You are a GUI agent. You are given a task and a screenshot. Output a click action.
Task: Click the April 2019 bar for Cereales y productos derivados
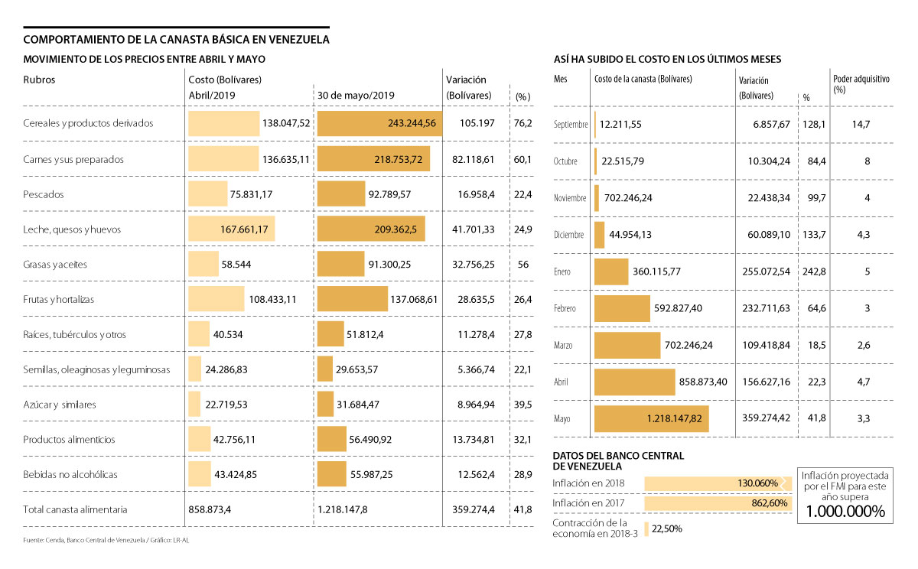[224, 123]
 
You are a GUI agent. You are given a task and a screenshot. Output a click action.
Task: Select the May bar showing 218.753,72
[373, 159]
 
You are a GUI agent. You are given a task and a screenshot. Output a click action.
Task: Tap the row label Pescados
[44, 194]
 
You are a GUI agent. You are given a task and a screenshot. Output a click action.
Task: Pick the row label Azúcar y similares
[60, 405]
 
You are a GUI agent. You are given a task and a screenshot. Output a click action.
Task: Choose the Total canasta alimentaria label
[75, 509]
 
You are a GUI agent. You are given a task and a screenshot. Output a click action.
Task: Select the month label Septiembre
[571, 124]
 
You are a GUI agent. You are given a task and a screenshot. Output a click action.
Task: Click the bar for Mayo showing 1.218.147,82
[652, 419]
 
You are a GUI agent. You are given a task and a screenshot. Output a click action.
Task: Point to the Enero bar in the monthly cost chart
[610, 271]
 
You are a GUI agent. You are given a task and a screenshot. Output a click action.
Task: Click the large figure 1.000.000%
[845, 512]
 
